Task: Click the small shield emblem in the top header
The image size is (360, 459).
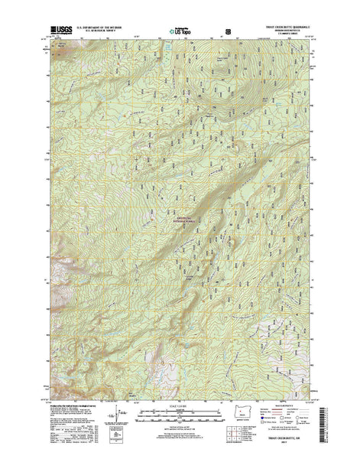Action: tap(227, 33)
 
